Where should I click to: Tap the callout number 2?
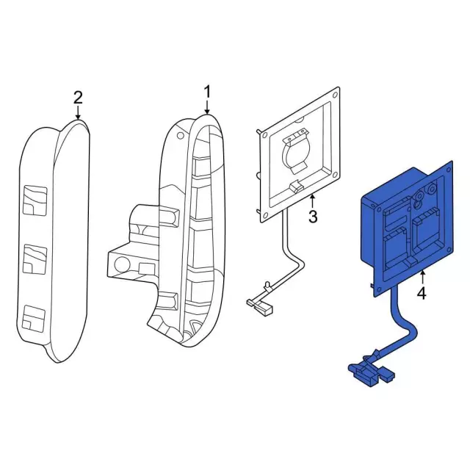pyautogui.click(x=79, y=97)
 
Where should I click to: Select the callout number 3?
pyautogui.click(x=313, y=217)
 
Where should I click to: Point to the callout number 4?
pyautogui.click(x=422, y=294)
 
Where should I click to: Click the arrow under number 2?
pyautogui.click(x=79, y=114)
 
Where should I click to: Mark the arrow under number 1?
pyautogui.click(x=207, y=108)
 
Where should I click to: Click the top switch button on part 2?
pyautogui.click(x=34, y=200)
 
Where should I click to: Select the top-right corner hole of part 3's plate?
pyautogui.click(x=336, y=95)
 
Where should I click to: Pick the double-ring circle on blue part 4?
pyautogui.click(x=419, y=198)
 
